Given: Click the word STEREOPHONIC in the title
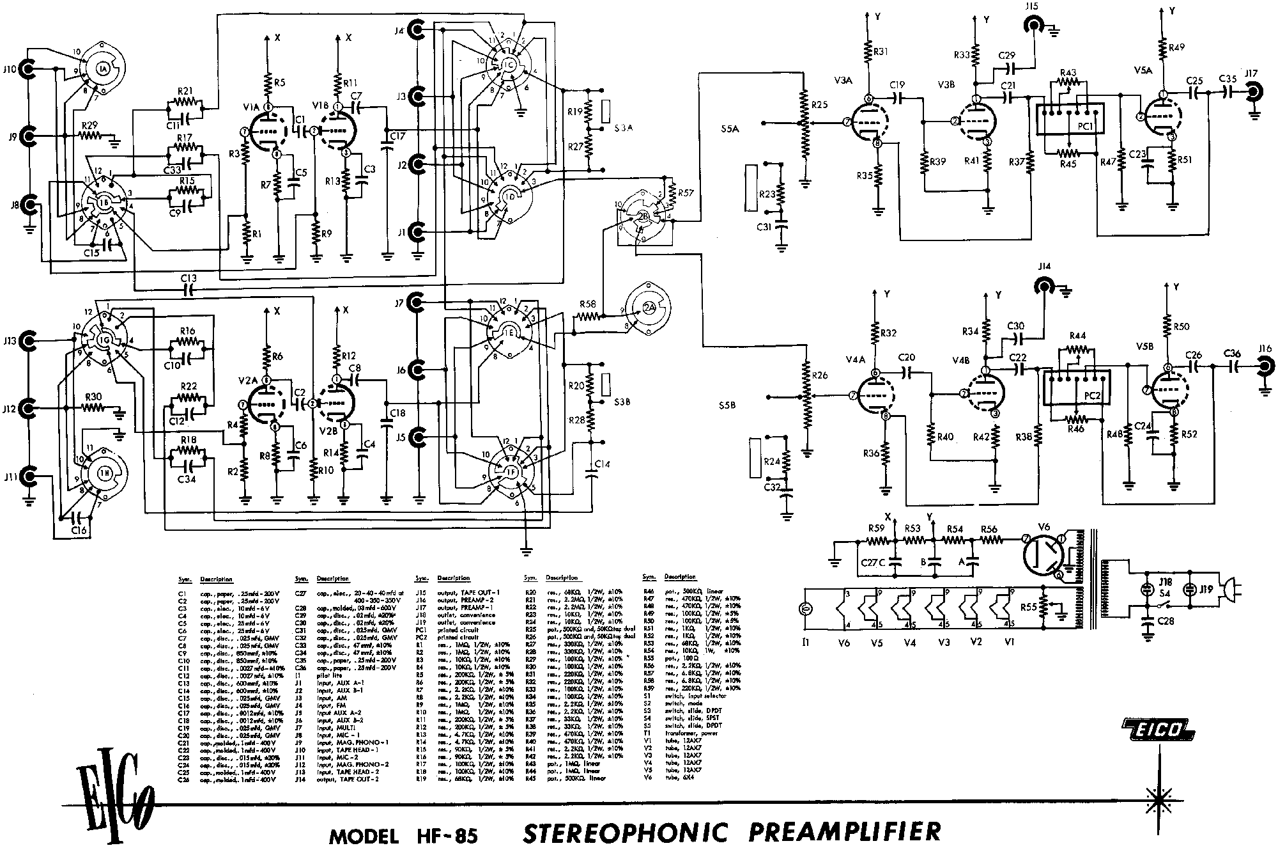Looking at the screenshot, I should point(626,831).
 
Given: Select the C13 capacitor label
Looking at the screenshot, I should point(189,278).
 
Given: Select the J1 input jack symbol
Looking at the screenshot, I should point(416,232).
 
